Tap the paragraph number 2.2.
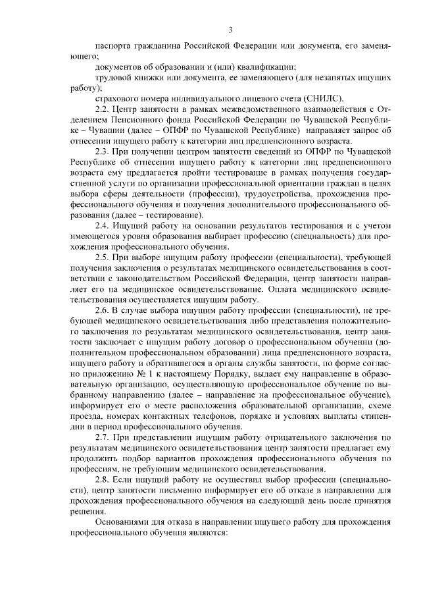pos(103,108)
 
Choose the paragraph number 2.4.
pos(103,225)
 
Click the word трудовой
pos(114,78)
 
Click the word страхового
pos(117,97)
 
